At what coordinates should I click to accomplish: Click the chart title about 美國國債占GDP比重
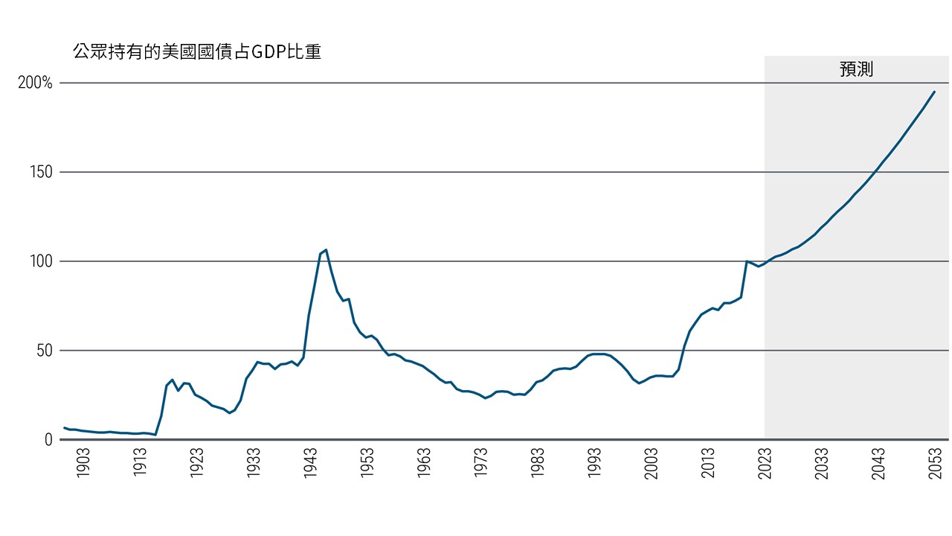tap(196, 52)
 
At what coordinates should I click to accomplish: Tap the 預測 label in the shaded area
tap(856, 70)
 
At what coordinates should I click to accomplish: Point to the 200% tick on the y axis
tap(35, 83)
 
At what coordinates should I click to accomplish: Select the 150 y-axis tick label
tap(41, 172)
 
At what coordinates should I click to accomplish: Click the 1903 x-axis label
tap(83, 463)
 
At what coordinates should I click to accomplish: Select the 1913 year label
tap(139, 463)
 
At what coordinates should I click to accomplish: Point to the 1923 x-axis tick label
tap(196, 463)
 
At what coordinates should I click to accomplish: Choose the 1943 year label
tap(310, 463)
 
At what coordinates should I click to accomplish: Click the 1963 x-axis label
tap(424, 463)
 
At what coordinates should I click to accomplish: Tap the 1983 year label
tap(538, 463)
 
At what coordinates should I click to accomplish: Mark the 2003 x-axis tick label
tap(652, 463)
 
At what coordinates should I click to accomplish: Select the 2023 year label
tap(765, 463)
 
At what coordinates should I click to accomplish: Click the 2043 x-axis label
tap(878, 463)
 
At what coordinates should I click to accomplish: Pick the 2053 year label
tap(935, 463)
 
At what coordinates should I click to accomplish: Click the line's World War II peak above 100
tap(326, 250)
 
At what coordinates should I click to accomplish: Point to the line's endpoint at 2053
tap(935, 92)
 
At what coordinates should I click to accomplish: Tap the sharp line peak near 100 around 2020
tap(747, 261)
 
